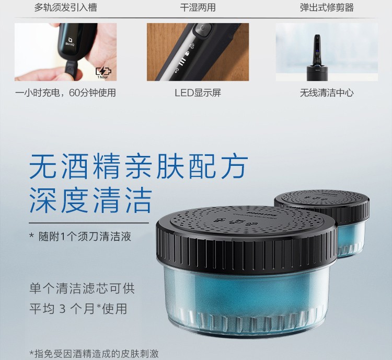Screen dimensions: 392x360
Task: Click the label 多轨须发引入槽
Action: [65, 7]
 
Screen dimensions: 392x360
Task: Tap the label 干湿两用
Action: [198, 7]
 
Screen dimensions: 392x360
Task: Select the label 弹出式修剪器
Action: [327, 7]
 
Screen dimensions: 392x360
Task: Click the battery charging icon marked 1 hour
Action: [103, 73]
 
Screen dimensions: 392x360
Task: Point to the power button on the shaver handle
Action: [203, 29]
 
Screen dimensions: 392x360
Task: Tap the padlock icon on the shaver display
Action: [187, 53]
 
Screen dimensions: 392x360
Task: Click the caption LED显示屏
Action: [198, 93]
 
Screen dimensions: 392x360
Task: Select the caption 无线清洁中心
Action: [327, 93]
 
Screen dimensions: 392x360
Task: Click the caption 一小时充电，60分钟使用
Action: [65, 93]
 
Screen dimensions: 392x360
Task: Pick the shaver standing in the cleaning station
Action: [317, 50]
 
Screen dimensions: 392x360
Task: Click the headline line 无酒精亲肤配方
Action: [139, 166]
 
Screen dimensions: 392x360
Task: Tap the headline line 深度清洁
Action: [90, 200]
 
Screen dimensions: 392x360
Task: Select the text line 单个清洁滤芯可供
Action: [82, 288]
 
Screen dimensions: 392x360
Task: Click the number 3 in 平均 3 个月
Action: [63, 309]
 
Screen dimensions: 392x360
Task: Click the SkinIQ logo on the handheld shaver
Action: [70, 41]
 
